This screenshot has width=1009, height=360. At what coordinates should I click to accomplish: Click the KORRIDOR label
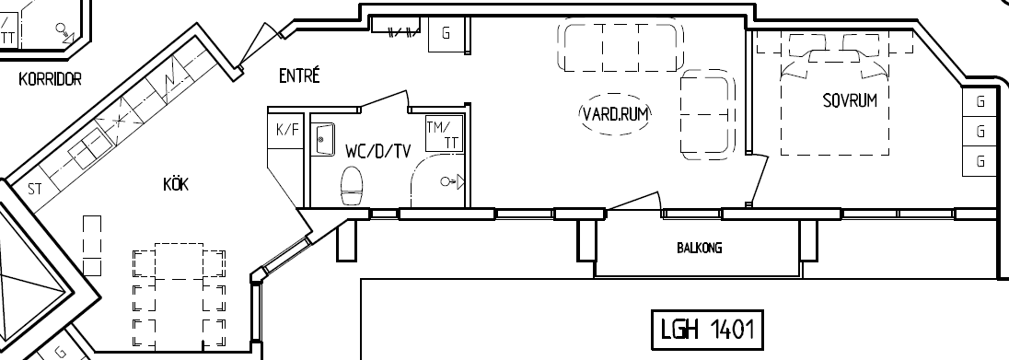(51, 79)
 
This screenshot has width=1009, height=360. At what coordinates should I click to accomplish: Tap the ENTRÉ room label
(299, 75)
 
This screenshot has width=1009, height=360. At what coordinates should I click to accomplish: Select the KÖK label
(176, 185)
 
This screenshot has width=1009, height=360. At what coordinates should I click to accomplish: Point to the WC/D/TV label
(377, 151)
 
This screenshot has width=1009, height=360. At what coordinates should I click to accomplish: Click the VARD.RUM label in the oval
(616, 114)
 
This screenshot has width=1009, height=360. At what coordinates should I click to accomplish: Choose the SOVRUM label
(850, 100)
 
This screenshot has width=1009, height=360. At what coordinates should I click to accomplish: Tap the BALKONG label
(699, 248)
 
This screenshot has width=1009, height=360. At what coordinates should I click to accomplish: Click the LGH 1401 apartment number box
(707, 329)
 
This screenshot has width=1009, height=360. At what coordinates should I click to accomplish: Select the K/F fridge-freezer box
(287, 130)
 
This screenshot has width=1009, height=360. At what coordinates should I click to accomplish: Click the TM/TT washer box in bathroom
(444, 134)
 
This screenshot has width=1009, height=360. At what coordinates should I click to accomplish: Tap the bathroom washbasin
(325, 140)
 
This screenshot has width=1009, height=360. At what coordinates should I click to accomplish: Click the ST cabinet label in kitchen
(35, 190)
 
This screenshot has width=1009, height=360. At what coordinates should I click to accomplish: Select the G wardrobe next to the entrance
(446, 33)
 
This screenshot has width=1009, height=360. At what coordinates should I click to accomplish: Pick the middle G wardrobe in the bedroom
(980, 132)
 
